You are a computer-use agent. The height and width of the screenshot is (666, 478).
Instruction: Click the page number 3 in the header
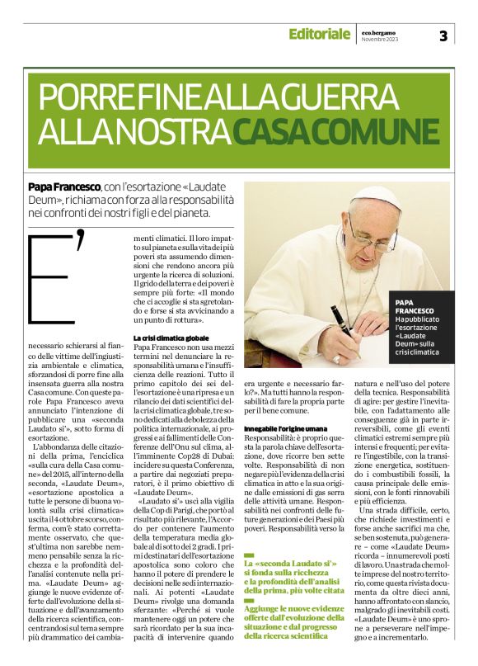pos(443,35)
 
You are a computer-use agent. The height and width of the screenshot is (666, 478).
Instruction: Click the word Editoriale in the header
pos(319,34)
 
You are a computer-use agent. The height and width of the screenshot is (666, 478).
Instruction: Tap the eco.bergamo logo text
pos(380,31)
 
